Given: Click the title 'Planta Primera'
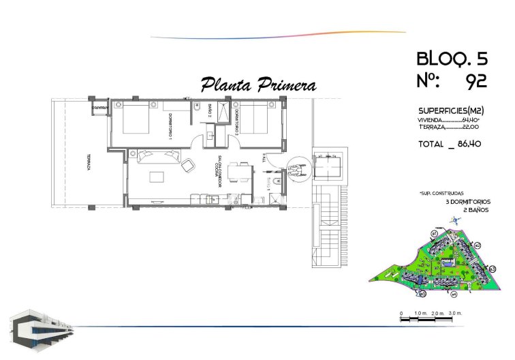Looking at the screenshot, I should [258, 85].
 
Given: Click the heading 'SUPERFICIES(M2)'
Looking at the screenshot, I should [450, 110].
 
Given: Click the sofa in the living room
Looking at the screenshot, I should [157, 156].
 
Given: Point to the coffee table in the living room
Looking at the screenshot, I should [157, 177].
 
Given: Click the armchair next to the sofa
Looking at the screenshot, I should [188, 164].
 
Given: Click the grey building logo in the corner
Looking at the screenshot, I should [41, 329].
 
